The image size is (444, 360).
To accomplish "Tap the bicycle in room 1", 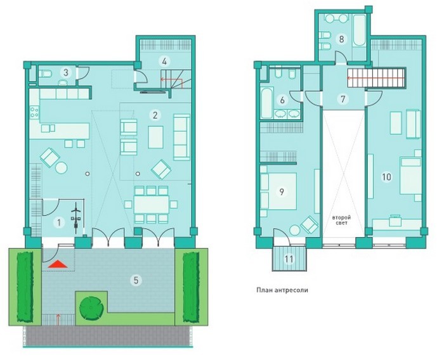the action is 76,218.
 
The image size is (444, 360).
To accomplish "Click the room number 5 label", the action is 136,281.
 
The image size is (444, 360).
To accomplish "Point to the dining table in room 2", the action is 151,205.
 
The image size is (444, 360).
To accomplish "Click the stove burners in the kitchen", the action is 34,112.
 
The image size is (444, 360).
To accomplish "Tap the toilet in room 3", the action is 45,74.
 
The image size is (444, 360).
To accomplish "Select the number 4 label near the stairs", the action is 164,61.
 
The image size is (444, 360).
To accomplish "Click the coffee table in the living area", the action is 155,137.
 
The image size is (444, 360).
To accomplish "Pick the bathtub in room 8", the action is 360,30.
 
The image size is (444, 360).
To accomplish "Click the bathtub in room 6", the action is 267,103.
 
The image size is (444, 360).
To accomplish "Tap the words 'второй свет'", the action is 341,220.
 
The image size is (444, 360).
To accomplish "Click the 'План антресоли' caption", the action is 282,290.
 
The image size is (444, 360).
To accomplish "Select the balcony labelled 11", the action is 289,259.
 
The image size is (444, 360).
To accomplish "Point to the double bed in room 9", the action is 278,191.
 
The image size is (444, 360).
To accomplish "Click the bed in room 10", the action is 410,176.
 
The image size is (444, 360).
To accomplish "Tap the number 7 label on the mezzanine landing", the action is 343,100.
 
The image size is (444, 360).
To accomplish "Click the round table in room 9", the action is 295,230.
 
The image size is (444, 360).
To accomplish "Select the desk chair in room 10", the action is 395,220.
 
